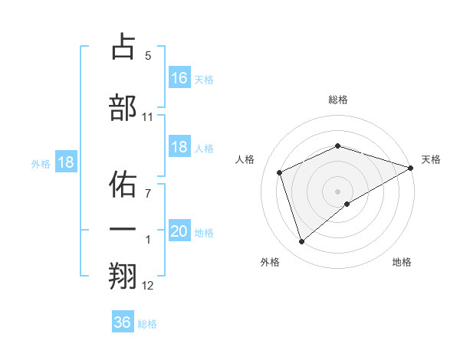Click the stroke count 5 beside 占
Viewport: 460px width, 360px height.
pos(148,56)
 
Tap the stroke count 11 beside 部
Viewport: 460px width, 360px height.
pos(148,117)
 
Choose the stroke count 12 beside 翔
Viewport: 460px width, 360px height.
pos(148,286)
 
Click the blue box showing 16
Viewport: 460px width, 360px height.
pos(179,77)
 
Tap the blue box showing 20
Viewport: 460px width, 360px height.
pos(179,231)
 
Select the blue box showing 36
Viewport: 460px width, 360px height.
pos(123,322)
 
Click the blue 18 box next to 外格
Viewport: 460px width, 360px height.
pos(66,162)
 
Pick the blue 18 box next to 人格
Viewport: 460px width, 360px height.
pos(179,147)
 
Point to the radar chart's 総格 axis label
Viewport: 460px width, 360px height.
pos(338,100)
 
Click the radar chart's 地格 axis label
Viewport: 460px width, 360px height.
pos(402,262)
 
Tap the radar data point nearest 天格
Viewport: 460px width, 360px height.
pos(411,169)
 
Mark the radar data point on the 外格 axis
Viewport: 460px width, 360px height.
pos(301,242)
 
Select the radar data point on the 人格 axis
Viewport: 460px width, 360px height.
pos(280,172)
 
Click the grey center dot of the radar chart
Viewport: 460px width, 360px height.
pos(338,191)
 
